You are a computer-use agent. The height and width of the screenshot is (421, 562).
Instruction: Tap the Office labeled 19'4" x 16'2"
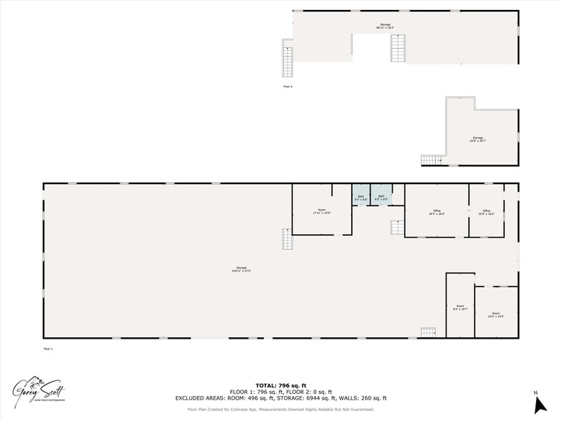point(437,212)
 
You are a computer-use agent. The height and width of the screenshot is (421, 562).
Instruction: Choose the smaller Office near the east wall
point(487,212)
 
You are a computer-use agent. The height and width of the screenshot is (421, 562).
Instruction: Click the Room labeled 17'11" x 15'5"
point(321,211)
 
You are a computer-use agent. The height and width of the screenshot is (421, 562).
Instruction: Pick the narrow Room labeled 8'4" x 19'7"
point(459,309)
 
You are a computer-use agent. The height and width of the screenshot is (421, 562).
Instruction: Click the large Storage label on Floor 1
point(241,269)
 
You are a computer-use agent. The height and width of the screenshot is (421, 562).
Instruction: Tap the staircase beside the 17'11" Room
point(287,239)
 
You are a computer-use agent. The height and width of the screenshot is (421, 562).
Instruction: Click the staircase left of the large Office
point(397,228)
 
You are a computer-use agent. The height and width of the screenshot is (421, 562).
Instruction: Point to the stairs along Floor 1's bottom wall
point(428,332)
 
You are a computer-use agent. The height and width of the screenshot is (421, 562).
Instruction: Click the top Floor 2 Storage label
point(385,26)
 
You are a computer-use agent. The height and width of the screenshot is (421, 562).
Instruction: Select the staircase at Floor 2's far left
point(287,62)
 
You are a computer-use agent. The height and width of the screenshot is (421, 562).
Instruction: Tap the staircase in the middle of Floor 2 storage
point(397,48)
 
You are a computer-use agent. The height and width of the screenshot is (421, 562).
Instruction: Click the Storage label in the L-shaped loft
point(477,139)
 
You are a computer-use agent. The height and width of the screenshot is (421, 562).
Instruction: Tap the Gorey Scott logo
point(39,390)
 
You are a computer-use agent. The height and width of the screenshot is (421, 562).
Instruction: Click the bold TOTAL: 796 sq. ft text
point(281,385)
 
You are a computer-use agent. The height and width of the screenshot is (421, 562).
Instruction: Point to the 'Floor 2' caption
point(288,86)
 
